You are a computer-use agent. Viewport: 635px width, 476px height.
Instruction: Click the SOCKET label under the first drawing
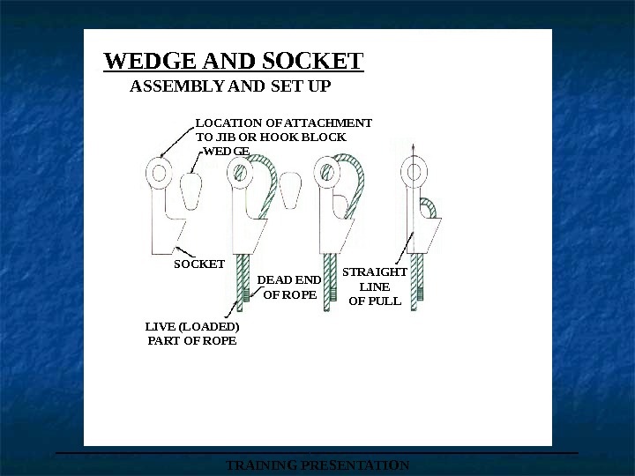(x=198, y=264)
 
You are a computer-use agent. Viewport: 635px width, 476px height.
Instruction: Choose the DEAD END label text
(x=288, y=280)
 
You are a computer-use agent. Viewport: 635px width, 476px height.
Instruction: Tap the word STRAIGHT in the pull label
(x=375, y=272)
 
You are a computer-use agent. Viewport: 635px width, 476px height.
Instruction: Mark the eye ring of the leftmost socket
(x=160, y=173)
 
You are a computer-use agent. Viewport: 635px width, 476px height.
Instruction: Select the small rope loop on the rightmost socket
(x=429, y=207)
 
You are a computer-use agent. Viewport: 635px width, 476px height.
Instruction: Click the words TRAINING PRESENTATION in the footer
(x=317, y=465)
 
